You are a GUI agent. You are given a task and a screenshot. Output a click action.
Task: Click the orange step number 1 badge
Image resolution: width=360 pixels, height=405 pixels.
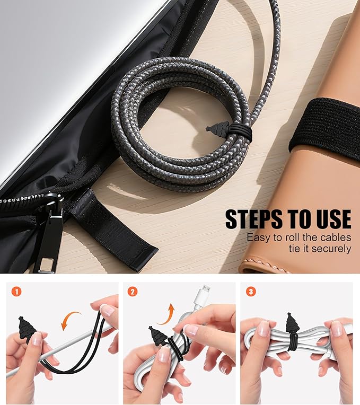point(16,292)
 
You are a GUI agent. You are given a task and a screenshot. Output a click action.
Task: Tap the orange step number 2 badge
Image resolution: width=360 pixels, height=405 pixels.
point(133,292)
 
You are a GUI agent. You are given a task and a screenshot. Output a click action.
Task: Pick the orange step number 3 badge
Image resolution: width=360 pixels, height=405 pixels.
point(250,292)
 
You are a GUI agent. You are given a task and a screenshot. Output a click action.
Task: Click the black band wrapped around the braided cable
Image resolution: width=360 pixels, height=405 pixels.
point(240,131)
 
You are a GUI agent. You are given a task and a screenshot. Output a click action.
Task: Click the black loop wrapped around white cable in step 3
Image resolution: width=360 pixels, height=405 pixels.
point(293,342)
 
